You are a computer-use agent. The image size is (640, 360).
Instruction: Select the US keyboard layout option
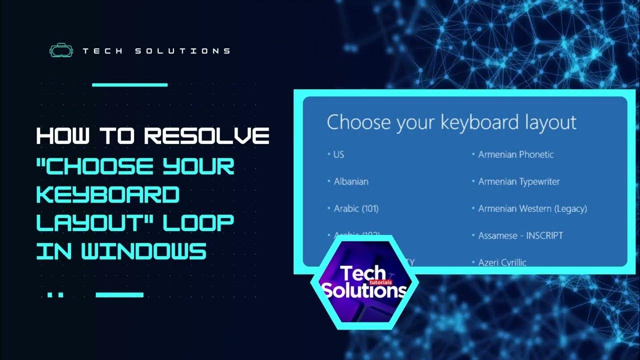pyautogui.click(x=338, y=154)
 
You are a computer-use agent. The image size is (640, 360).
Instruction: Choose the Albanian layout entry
pyautogui.click(x=350, y=181)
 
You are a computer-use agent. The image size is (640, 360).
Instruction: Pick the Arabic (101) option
pyautogui.click(x=355, y=208)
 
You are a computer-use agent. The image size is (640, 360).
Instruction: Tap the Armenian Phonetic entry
pyautogui.click(x=515, y=154)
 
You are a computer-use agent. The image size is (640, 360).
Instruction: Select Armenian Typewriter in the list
pyautogui.click(x=518, y=181)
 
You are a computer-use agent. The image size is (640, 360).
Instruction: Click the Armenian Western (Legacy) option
pyautogui.click(x=532, y=208)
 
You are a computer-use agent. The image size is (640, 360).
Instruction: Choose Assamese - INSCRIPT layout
pyautogui.click(x=520, y=235)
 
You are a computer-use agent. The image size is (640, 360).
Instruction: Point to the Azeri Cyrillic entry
pyautogui.click(x=502, y=261)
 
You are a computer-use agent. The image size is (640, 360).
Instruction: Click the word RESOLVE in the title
pyautogui.click(x=207, y=136)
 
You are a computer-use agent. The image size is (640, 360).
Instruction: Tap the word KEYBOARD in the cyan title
pyautogui.click(x=107, y=194)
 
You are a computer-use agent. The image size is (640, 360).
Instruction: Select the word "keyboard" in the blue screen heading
pyautogui.click(x=466, y=122)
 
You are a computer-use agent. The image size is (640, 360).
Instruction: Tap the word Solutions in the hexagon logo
pyautogui.click(x=363, y=290)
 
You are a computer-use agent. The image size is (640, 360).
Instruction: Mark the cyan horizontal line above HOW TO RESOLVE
pyautogui.click(x=130, y=85)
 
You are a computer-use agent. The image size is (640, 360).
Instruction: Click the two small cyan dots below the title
pyautogui.click(x=55, y=295)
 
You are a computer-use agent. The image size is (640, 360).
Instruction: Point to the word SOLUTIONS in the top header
pyautogui.click(x=182, y=51)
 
